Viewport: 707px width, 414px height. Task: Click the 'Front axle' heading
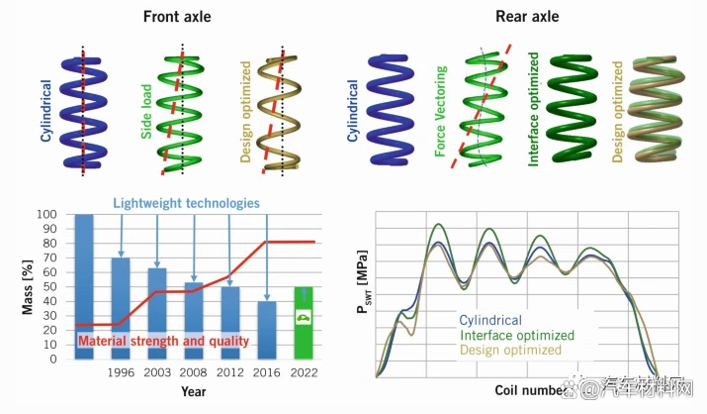point(177,16)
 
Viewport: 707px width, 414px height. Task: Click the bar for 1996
point(119,307)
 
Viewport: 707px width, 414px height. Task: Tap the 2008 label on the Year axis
point(193,372)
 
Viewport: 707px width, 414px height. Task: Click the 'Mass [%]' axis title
point(30,285)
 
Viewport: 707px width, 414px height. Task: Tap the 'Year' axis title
point(194,392)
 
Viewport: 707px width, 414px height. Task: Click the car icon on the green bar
point(303,318)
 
